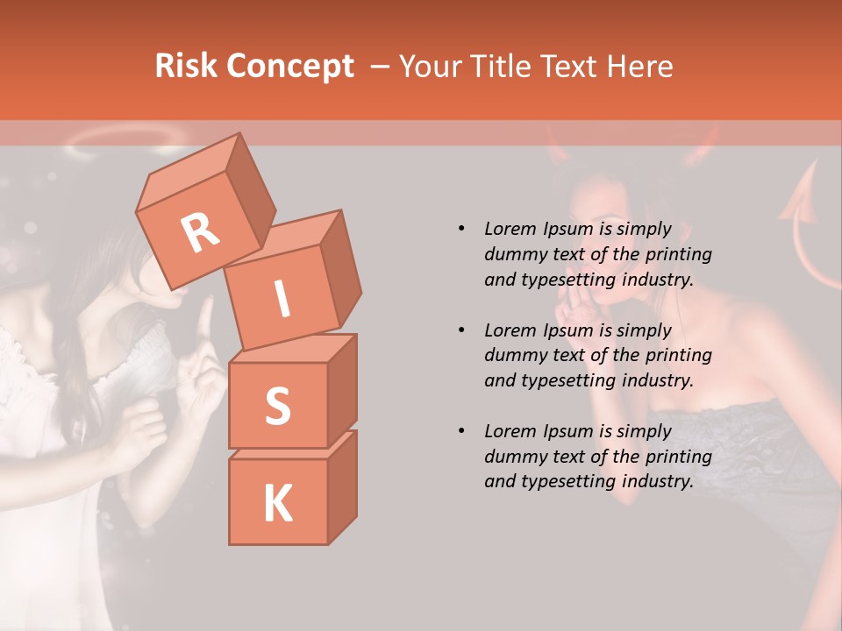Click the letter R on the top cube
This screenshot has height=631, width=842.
pyautogui.click(x=200, y=232)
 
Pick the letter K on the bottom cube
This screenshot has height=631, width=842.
pyautogui.click(x=277, y=504)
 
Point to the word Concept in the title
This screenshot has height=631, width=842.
pyautogui.click(x=290, y=67)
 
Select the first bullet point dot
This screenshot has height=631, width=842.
pyautogui.click(x=461, y=230)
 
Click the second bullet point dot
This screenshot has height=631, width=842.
pyautogui.click(x=461, y=330)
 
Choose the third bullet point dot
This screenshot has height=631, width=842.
pyautogui.click(x=461, y=431)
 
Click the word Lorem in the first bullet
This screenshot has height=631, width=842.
pyautogui.click(x=510, y=230)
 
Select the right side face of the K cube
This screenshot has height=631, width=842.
pyautogui.click(x=342, y=486)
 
